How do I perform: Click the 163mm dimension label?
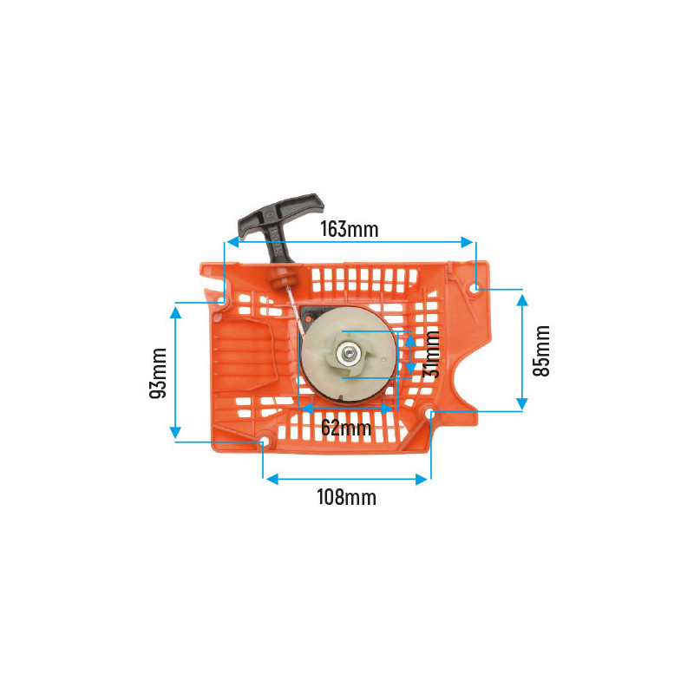350,229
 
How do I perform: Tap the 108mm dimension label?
346,497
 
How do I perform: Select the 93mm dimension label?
158,373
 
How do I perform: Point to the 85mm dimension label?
540,350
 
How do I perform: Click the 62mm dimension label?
346,428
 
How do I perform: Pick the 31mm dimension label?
430,354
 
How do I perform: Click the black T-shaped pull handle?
279,224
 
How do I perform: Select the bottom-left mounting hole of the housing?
265,441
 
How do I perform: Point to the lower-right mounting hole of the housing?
429,413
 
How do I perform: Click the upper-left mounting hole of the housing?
223,301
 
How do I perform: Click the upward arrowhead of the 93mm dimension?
175,313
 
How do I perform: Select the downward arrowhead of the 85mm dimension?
522,404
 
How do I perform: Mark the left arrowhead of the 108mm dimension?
272,479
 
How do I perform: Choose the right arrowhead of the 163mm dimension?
467,242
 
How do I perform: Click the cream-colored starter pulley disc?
349,354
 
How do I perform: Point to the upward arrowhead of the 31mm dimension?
410,340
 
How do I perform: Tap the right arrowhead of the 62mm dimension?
387,409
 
